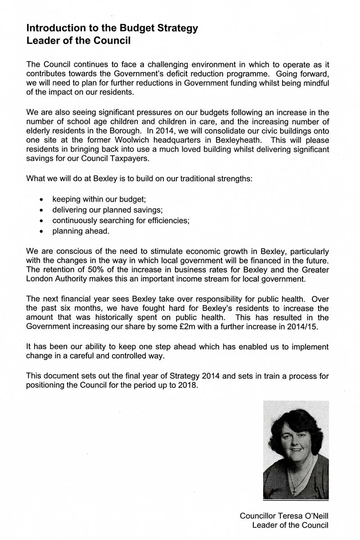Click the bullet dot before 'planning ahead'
pyautogui.click(x=42, y=232)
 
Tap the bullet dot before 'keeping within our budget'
pyautogui.click(x=42, y=199)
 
